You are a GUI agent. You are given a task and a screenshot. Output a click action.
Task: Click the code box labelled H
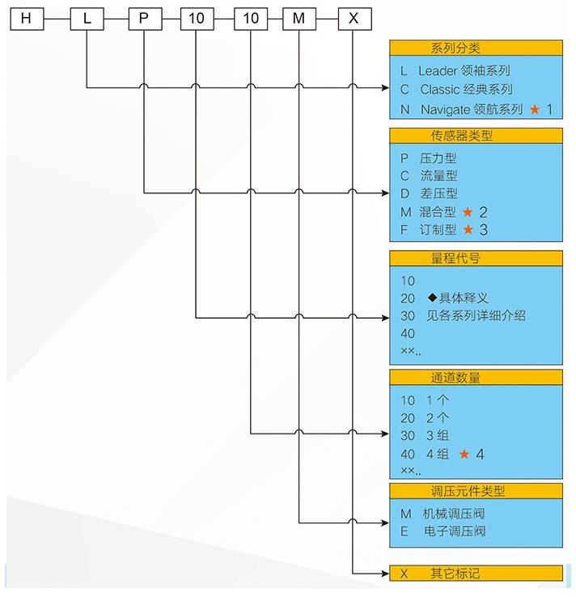[27, 19]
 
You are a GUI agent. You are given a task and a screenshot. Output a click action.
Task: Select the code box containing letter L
[87, 19]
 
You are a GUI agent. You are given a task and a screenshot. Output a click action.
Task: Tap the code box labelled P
[145, 19]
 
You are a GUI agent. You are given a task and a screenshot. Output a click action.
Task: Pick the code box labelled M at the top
[299, 19]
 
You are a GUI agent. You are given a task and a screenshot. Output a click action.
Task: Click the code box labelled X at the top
[354, 19]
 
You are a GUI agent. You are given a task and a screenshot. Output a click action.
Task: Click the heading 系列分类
[455, 49]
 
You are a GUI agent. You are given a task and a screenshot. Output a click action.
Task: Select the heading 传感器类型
[461, 136]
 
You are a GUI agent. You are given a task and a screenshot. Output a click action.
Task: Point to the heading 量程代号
[455, 259]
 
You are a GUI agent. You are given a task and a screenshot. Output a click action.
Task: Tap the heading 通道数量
[455, 377]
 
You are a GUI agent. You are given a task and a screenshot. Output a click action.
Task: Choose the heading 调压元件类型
[468, 491]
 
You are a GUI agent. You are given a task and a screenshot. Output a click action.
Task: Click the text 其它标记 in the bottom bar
[455, 573]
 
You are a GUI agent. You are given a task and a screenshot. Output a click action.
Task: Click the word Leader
[438, 71]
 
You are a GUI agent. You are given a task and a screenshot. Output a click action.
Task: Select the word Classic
[440, 90]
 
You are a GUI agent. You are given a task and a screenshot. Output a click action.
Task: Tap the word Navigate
[446, 110]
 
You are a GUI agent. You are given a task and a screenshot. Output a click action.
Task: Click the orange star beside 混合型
[468, 212]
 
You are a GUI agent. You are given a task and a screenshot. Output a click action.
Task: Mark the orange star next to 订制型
[468, 229]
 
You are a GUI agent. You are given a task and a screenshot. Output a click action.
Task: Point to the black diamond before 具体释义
[432, 297]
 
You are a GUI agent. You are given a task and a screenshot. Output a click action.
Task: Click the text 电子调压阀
[455, 531]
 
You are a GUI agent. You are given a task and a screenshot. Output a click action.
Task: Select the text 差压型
[438, 193]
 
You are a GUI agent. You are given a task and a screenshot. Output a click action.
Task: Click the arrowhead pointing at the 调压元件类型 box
[385, 523]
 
